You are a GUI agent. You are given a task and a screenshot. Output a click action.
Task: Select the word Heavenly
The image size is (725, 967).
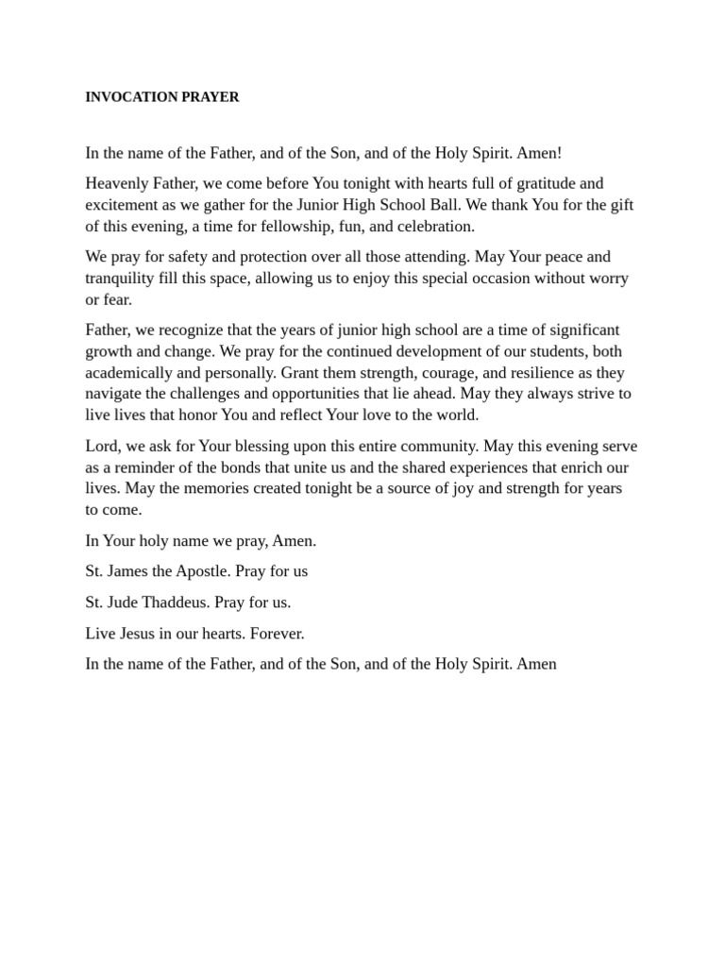117,183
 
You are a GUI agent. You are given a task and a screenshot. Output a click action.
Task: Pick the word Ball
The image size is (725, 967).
454,205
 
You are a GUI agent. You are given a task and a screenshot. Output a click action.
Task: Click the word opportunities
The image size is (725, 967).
327,394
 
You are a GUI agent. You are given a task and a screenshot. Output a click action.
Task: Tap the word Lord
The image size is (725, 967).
101,447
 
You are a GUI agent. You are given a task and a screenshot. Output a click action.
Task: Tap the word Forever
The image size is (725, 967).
277,634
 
